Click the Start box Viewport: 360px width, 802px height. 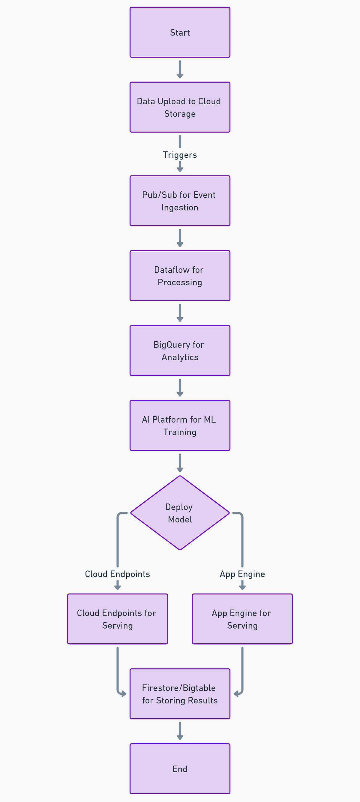[180, 32]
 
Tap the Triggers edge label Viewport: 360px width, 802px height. [180, 155]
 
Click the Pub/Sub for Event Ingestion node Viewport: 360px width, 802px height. [180, 201]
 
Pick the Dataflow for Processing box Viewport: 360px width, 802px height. [180, 276]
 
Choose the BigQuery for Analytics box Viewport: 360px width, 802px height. [180, 351]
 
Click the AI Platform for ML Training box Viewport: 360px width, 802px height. [180, 425]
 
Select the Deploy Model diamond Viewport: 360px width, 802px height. [180, 513]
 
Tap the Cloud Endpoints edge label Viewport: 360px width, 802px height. [117, 574]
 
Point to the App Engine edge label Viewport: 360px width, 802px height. [242, 574]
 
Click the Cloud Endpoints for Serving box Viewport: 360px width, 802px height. [117, 619]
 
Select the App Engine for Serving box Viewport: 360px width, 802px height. [242, 619]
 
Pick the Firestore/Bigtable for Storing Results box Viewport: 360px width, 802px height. [180, 694]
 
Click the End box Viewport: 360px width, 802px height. [180, 769]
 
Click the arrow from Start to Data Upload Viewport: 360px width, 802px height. [180, 69]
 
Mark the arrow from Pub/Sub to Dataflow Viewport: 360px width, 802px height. [180, 238]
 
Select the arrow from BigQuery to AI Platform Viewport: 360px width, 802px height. [180, 388]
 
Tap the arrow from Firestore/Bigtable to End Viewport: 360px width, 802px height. [180, 731]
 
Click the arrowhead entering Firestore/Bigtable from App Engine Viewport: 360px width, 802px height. [236, 694]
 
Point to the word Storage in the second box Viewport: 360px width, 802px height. [180, 114]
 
